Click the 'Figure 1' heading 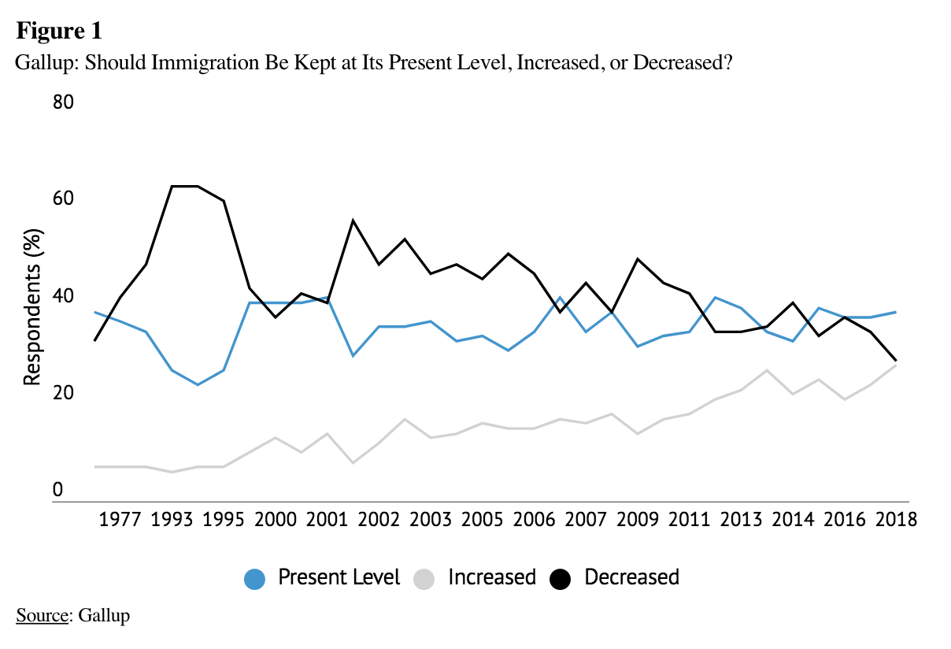pyautogui.click(x=59, y=32)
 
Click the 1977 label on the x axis pyautogui.click(x=121, y=521)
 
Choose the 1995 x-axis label pyautogui.click(x=224, y=521)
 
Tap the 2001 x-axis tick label pyautogui.click(x=327, y=521)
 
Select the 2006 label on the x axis pyautogui.click(x=534, y=521)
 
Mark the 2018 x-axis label pyautogui.click(x=896, y=521)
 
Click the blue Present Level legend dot pyautogui.click(x=255, y=579)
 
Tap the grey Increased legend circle pyautogui.click(x=424, y=579)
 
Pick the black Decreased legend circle pyautogui.click(x=561, y=579)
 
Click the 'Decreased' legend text pyautogui.click(x=631, y=577)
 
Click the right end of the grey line pyautogui.click(x=896, y=365)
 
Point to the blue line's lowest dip pyautogui.click(x=198, y=384)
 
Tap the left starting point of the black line pyautogui.click(x=94, y=340)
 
